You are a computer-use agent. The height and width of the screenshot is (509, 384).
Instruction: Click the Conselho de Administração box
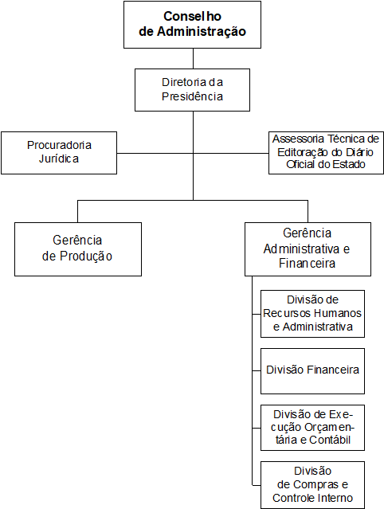coord(192,25)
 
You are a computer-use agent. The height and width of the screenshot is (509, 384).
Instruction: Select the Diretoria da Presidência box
coord(192,90)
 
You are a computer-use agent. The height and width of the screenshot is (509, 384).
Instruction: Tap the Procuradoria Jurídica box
coord(59,153)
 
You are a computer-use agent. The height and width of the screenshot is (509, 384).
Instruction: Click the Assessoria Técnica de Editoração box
coord(326,153)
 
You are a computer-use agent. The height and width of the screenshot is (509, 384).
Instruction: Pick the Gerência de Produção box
coord(78,249)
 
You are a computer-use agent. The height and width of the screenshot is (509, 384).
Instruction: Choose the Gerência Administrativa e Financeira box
coord(308,249)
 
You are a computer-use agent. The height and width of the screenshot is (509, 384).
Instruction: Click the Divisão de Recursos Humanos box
coord(312,314)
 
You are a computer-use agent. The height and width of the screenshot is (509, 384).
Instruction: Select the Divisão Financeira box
coord(312,371)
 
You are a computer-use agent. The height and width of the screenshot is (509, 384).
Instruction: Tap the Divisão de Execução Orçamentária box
coord(312,428)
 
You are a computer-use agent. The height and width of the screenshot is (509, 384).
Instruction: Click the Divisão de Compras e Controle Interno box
coord(312,485)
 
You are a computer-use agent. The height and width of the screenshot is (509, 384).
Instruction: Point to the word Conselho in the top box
coord(192,16)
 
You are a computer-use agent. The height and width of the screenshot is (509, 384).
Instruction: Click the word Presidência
coord(192,96)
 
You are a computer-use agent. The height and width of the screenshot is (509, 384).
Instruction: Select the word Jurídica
coord(59,159)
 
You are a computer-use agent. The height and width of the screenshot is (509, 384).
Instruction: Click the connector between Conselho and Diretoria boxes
coord(193,58)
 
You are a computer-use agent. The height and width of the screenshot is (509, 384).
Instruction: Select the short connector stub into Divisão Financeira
coord(257,370)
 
